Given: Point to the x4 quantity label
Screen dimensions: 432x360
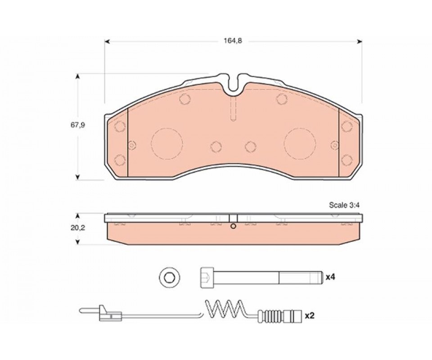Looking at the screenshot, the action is point(330,277).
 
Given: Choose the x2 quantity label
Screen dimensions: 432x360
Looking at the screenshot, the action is point(310,316).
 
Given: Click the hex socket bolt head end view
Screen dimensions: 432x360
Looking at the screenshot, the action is point(170,277).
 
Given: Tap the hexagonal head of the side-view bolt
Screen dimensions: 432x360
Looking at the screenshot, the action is point(207,277).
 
